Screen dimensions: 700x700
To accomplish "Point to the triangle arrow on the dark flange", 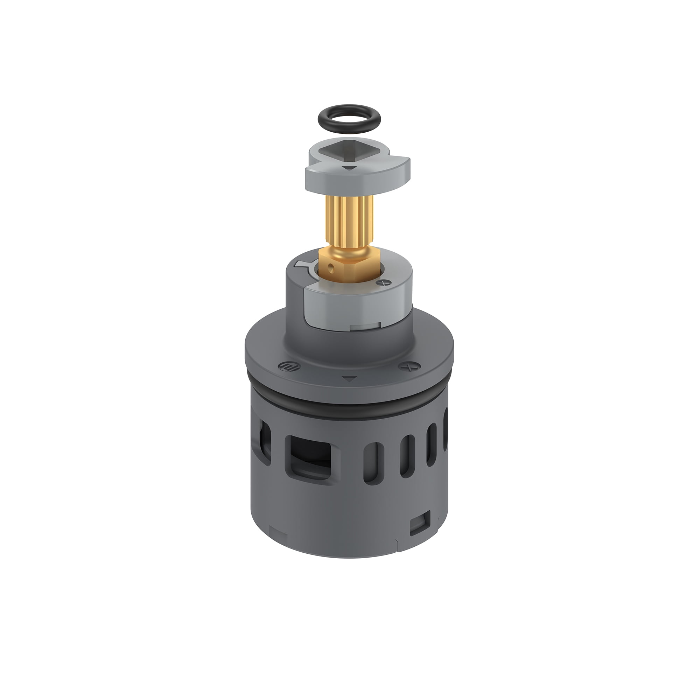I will click(x=349, y=379).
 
